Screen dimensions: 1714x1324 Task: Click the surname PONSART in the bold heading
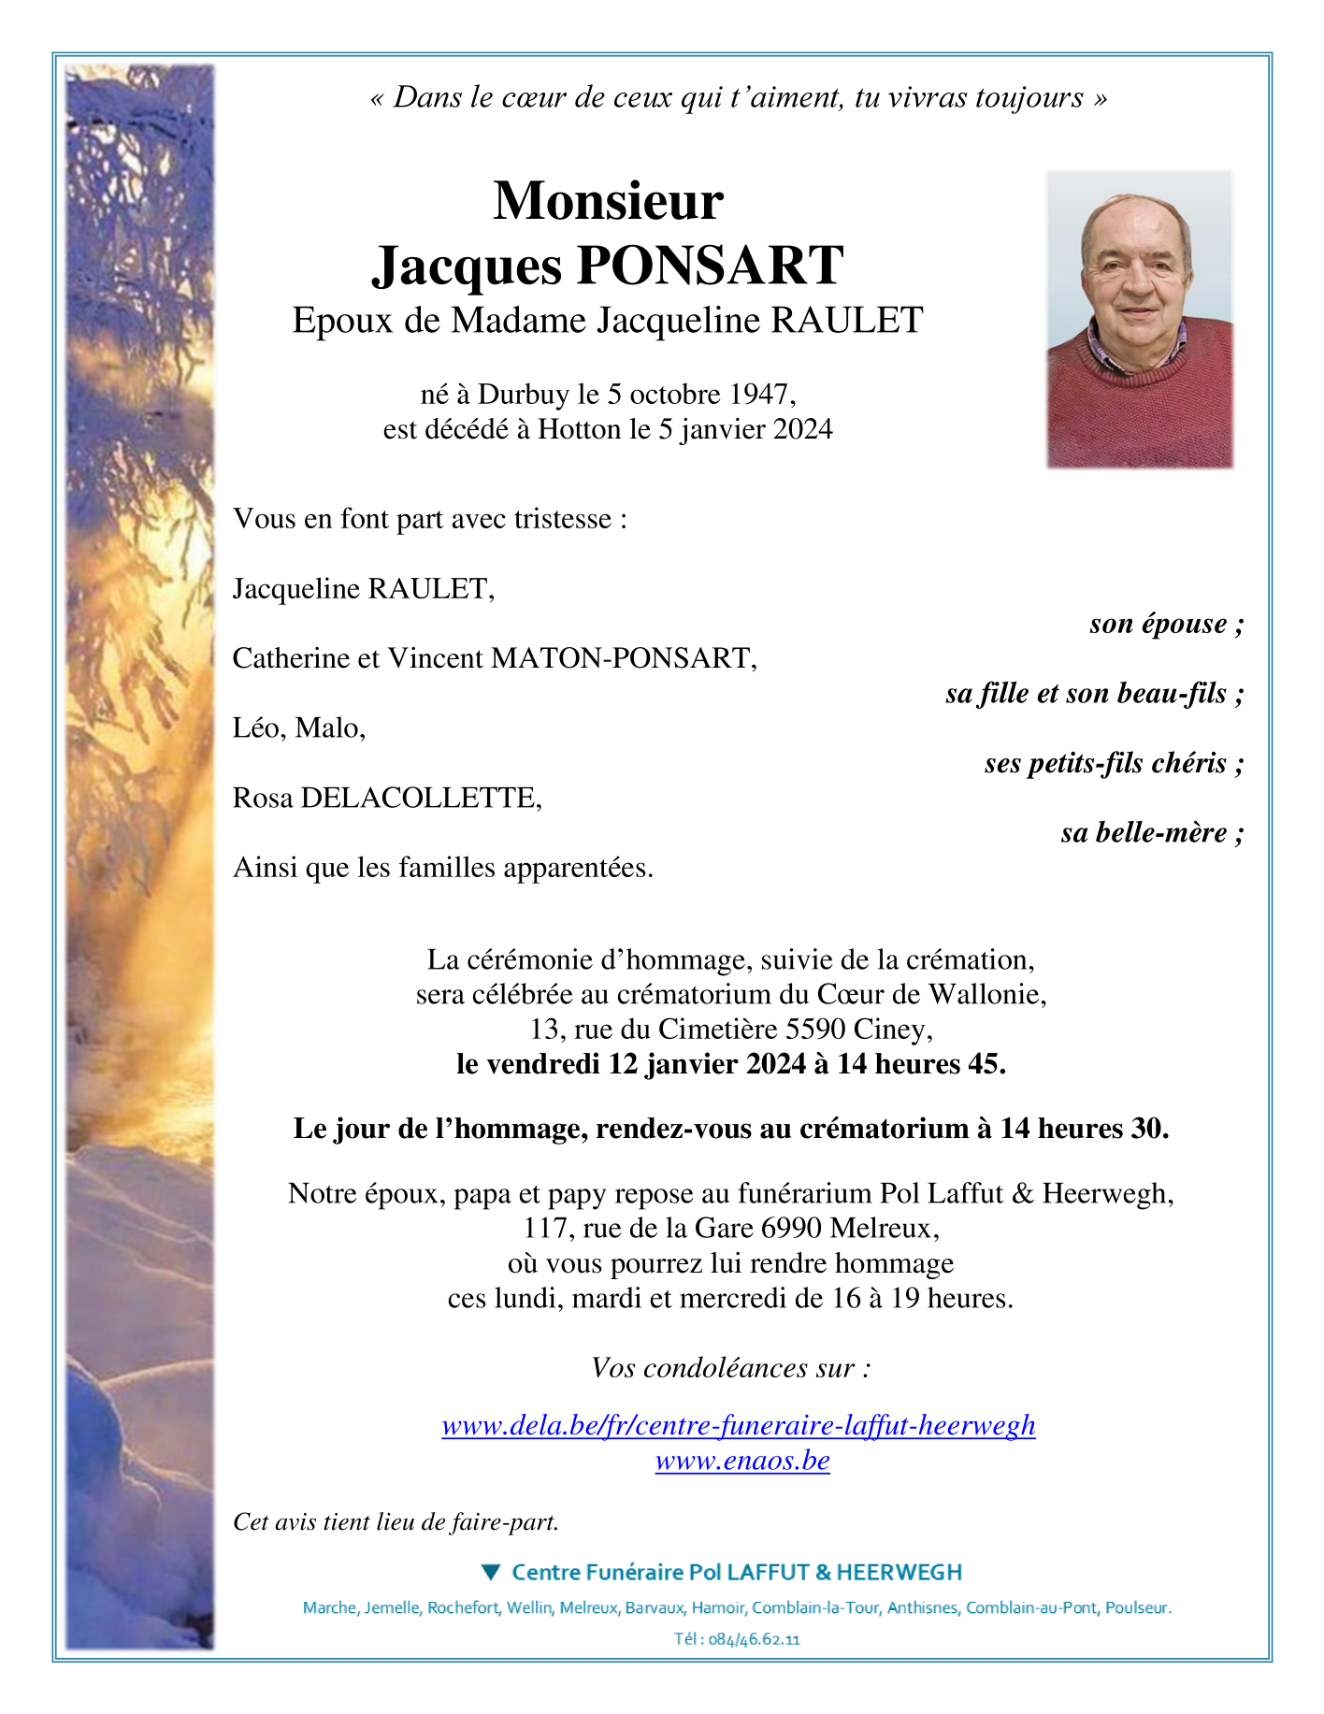click(711, 265)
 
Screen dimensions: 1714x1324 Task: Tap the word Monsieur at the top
click(608, 200)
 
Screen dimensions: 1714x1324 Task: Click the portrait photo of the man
click(1139, 319)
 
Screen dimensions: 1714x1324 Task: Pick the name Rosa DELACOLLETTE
click(386, 798)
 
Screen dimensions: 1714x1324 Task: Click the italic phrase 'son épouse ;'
click(1166, 624)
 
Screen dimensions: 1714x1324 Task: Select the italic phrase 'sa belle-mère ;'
click(1152, 832)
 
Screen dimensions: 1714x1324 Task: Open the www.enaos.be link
click(742, 1461)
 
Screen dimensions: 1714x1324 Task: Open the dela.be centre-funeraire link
click(738, 1425)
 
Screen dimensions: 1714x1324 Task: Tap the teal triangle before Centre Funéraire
click(491, 1572)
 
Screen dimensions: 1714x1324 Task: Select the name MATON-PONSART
click(623, 658)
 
